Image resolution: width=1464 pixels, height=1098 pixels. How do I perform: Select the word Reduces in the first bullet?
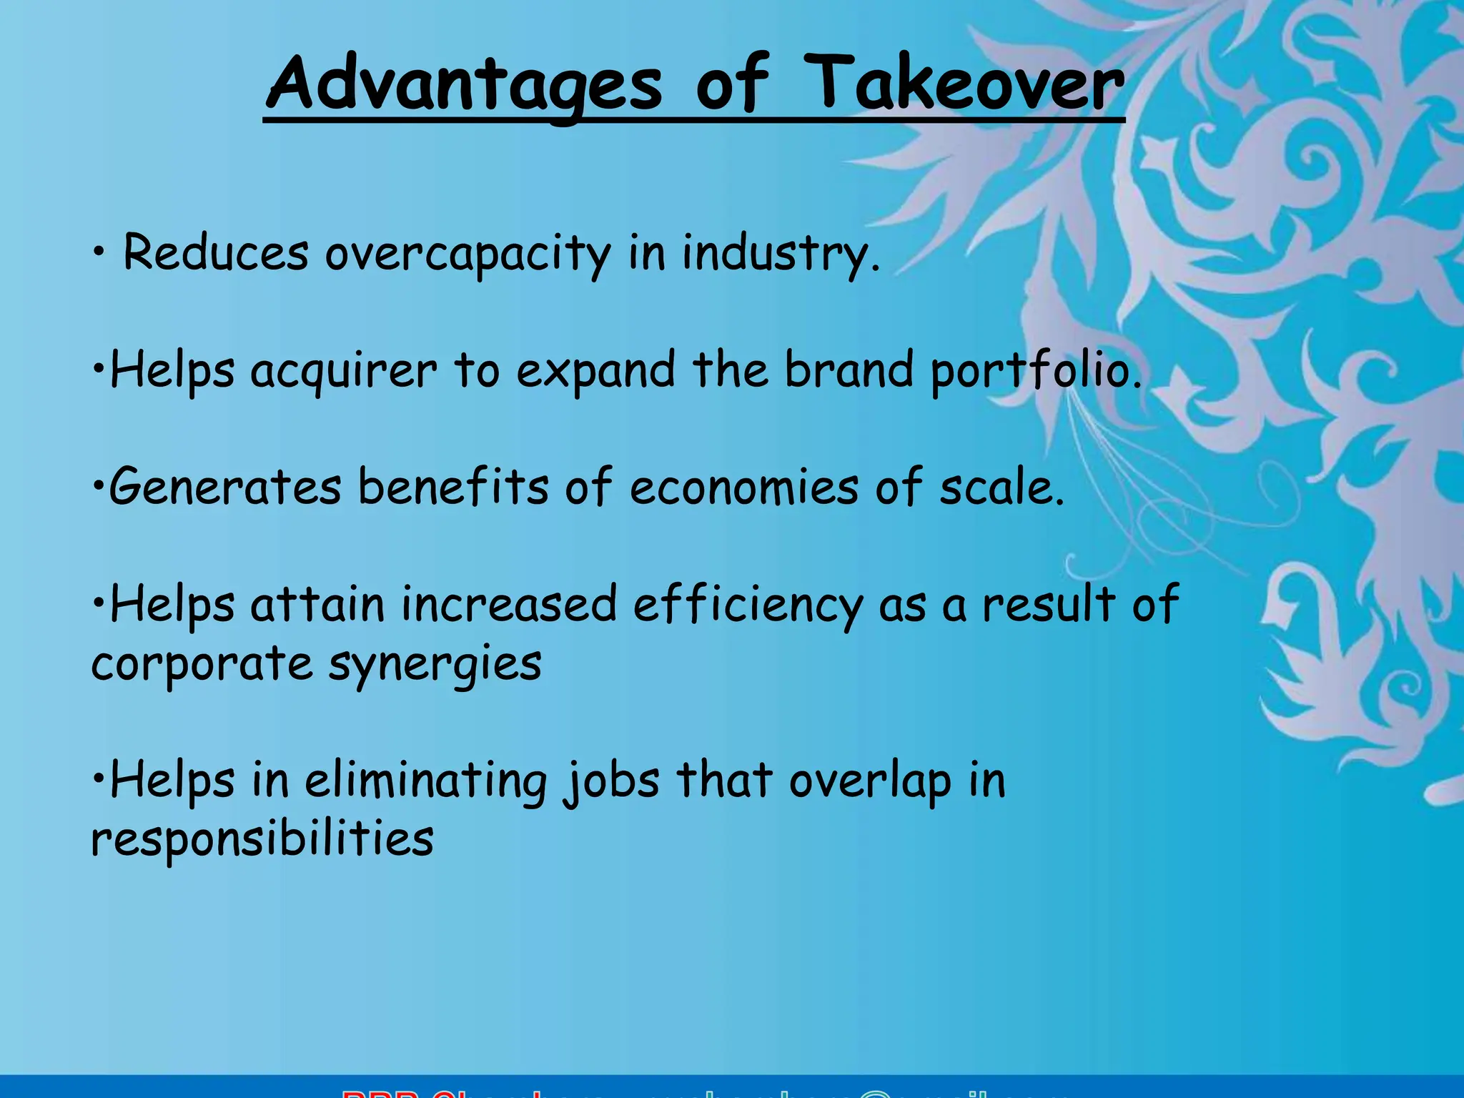point(216,253)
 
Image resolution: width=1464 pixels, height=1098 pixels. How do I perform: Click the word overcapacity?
point(468,254)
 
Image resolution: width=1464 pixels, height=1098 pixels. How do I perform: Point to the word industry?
point(780,253)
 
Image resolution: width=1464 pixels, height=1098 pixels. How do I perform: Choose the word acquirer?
point(343,371)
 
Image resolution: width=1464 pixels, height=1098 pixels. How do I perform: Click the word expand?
point(595,371)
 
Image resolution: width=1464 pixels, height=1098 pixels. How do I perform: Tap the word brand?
point(849,370)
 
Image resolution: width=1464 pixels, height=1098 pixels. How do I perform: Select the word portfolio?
point(1036,371)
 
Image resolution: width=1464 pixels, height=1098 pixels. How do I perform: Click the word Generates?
point(225,487)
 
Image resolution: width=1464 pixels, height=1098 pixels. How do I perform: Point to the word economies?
point(744,487)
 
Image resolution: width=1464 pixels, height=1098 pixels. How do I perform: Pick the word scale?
point(1001,487)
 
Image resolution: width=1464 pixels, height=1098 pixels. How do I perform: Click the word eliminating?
point(426,781)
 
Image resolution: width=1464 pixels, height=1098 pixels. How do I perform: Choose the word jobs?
point(611,781)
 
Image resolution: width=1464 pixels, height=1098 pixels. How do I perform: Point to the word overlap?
point(870,781)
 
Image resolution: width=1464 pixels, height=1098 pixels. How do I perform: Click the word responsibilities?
point(262,839)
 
